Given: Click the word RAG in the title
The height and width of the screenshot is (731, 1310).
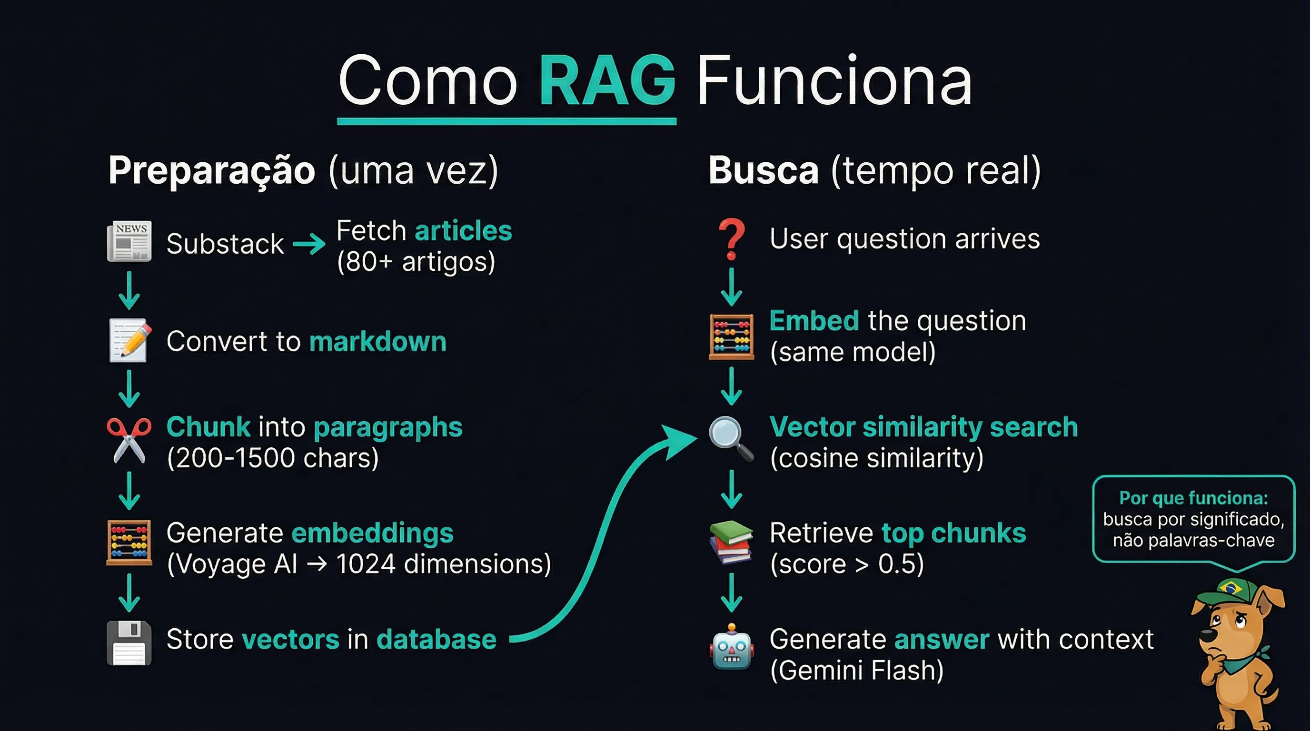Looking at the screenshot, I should [607, 81].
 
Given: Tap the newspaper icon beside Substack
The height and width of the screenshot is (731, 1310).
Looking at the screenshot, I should [129, 241].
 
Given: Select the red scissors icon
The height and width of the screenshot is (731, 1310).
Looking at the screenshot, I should [129, 440].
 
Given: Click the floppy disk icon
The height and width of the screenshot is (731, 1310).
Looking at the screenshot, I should [129, 643].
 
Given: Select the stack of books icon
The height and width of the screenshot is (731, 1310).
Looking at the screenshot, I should [731, 542].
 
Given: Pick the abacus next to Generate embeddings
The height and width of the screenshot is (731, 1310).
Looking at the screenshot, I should [129, 543].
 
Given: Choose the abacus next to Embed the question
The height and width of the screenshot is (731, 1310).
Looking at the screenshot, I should [731, 336].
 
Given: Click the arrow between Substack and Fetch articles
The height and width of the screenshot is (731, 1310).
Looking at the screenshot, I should [309, 244].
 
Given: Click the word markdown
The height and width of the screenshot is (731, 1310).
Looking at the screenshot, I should [378, 342].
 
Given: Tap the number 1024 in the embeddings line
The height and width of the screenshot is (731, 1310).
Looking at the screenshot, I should [366, 564].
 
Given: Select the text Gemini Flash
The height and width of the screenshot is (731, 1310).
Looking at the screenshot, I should [857, 670].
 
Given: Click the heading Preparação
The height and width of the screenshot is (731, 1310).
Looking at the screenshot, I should [212, 171].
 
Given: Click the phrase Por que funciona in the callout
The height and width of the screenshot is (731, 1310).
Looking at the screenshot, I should [1193, 498].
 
